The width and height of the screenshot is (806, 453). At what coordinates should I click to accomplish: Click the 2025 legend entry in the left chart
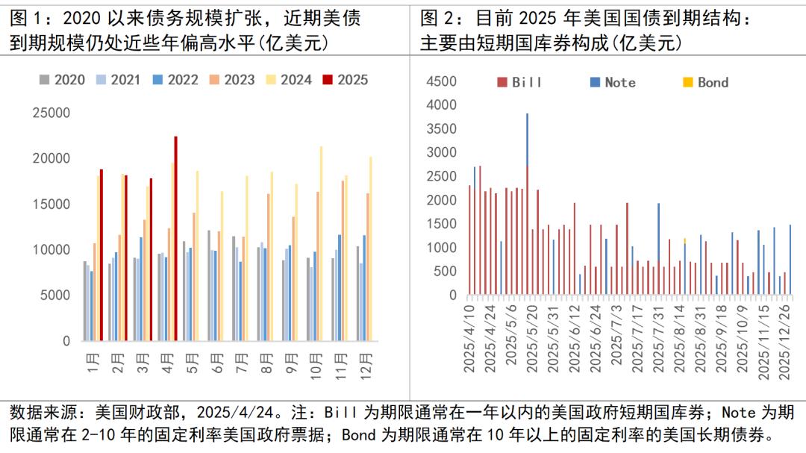[x=346, y=80]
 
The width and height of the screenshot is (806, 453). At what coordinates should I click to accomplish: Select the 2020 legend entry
[x=63, y=80]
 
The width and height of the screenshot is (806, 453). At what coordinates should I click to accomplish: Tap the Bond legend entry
[x=705, y=83]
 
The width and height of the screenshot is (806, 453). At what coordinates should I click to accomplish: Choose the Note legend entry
[x=612, y=83]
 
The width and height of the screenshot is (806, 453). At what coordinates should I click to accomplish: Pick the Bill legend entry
[x=519, y=83]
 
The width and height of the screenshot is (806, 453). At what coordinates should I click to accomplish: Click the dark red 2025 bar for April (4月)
[x=176, y=239]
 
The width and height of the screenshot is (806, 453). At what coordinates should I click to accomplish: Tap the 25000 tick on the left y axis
[x=51, y=113]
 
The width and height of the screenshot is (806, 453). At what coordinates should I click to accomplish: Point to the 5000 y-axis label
[x=54, y=296]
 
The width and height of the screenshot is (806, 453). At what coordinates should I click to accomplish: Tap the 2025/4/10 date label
[x=470, y=340]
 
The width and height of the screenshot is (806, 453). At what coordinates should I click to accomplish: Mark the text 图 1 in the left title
[x=28, y=18]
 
